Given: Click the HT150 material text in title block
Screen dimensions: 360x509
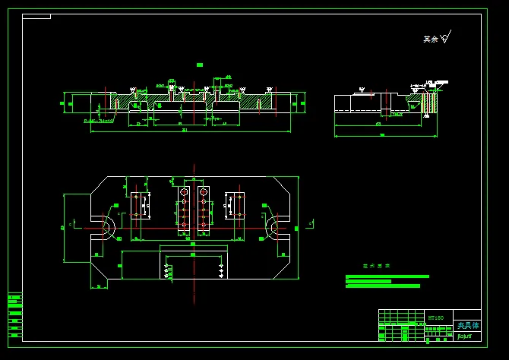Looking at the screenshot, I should pyautogui.click(x=435, y=317).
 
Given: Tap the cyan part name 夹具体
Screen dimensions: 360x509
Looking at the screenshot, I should pyautogui.click(x=467, y=325).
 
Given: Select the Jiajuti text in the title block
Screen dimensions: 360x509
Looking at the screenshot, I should pyautogui.click(x=464, y=335).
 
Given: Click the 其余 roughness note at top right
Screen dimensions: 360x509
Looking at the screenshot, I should pyautogui.click(x=431, y=39).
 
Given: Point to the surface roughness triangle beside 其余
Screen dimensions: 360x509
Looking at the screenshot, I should pyautogui.click(x=445, y=36).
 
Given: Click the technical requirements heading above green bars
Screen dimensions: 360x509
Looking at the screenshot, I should pyautogui.click(x=376, y=266).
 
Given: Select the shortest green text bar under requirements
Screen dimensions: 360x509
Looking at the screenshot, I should pyautogui.click(x=368, y=281).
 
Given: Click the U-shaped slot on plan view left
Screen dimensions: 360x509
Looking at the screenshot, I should pyautogui.click(x=106, y=227).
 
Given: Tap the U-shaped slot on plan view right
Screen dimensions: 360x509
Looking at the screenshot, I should pyautogui.click(x=273, y=227).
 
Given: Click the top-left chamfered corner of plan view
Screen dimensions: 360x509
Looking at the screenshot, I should pyautogui.click(x=98, y=184).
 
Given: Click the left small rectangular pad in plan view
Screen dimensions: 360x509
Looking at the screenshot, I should pyautogui.click(x=140, y=205).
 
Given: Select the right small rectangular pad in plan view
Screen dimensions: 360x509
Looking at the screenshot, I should pyautogui.click(x=235, y=205).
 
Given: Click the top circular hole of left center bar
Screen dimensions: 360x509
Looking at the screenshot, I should pyautogui.click(x=184, y=193).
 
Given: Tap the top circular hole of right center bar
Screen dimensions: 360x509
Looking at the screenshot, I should pyautogui.click(x=203, y=193).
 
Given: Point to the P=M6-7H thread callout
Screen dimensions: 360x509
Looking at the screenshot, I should pyautogui.click(x=98, y=120).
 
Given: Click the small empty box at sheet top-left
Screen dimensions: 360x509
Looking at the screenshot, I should pyautogui.click(x=37, y=16).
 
